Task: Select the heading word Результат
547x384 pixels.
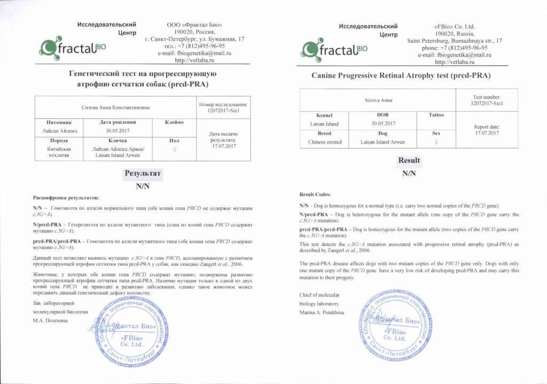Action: (142, 174)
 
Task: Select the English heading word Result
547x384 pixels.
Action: (409, 160)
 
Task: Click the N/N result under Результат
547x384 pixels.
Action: (142, 186)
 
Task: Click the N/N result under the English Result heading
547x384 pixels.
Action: (409, 173)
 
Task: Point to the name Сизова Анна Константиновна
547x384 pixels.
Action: (115, 108)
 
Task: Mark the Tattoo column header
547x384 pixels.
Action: (436, 115)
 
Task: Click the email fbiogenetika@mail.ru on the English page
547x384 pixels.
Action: (455, 55)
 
